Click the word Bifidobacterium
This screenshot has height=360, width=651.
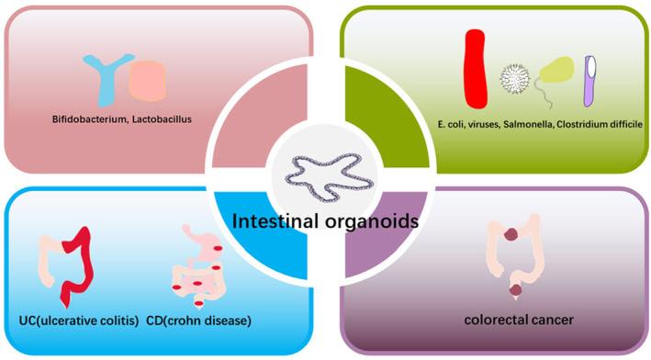coord(90,119)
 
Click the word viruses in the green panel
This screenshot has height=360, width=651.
coord(486,124)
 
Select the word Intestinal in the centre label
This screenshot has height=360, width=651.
coord(275,221)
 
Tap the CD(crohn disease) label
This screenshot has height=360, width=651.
coord(198,320)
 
